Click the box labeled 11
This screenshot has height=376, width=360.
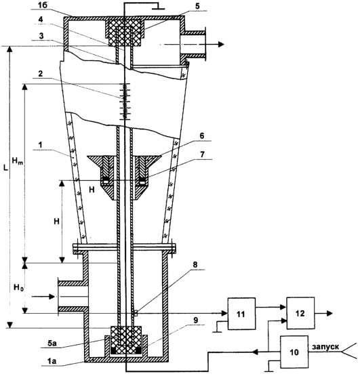[241, 314]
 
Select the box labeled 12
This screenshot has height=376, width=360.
[300, 313]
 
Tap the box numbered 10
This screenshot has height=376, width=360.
[294, 352]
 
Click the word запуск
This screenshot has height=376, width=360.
[325, 347]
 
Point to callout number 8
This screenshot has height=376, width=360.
[195, 264]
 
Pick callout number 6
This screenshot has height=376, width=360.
[201, 135]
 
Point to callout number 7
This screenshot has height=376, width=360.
[202, 154]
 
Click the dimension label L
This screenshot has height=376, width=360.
[5, 168]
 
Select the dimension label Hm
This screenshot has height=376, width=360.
[17, 161]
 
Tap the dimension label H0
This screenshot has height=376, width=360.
[18, 287]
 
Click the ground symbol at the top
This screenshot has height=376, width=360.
[159, 7]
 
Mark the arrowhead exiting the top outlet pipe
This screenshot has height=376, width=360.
[221, 44]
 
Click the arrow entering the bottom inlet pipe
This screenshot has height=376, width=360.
[43, 297]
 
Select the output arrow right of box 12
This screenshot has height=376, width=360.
[323, 313]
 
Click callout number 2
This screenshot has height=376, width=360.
[40, 74]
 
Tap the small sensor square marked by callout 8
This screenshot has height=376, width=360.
[135, 313]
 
